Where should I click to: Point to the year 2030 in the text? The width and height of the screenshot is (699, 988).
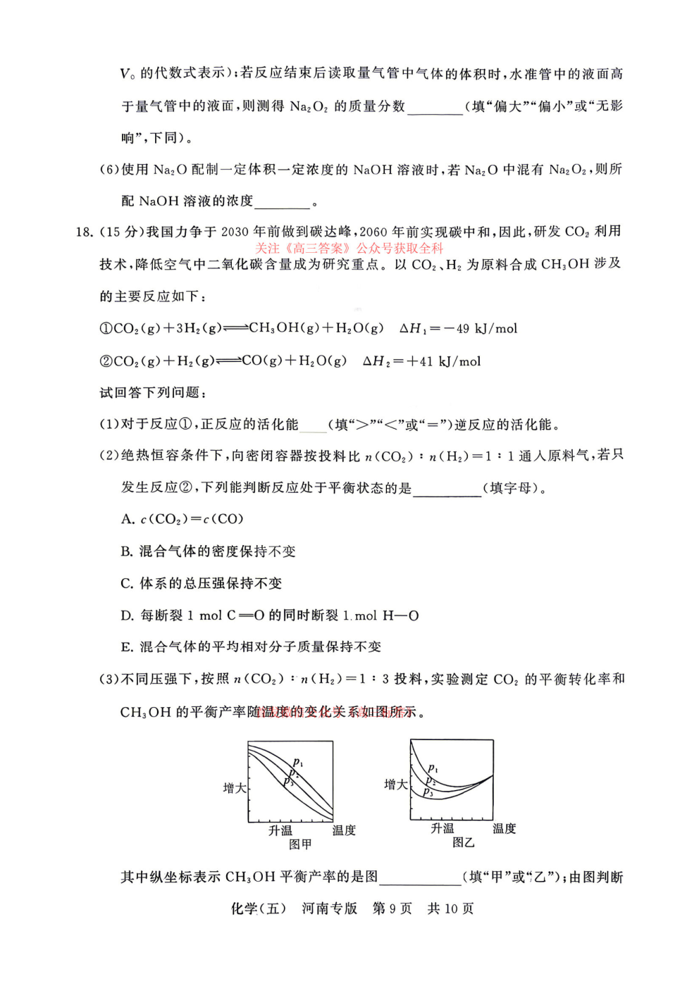tap(235, 232)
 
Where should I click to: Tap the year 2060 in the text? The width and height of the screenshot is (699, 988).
tap(373, 232)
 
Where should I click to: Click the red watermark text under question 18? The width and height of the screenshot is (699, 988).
tap(349, 248)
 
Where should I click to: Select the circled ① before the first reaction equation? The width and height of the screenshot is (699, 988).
tap(106, 329)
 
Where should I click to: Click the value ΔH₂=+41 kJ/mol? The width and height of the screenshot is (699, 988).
tap(421, 361)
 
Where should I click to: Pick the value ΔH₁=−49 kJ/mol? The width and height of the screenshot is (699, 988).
tap(458, 329)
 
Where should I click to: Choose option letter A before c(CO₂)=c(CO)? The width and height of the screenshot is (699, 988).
tap(127, 520)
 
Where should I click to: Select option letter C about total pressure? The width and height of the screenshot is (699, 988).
tap(127, 584)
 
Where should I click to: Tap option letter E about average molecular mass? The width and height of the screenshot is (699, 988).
tap(127, 647)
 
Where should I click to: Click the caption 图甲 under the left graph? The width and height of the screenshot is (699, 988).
tap(300, 844)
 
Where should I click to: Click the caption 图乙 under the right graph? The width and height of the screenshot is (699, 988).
tap(463, 842)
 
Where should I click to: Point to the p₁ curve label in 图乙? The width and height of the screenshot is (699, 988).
tap(433, 768)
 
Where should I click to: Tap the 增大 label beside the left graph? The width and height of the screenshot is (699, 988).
tap(234, 788)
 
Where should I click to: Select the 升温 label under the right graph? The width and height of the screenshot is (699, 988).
tap(443, 828)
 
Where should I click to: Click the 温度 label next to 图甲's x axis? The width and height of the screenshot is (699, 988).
tap(344, 830)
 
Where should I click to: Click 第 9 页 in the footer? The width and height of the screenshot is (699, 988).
tap(392, 908)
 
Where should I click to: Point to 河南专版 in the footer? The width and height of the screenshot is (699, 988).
tap(329, 908)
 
